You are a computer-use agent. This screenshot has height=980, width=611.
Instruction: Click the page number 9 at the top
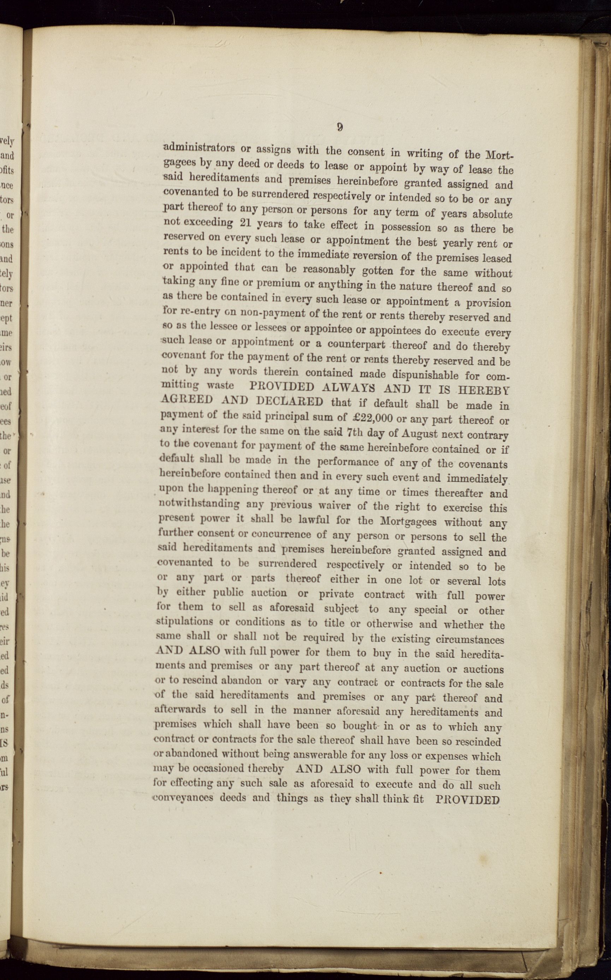340,127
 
